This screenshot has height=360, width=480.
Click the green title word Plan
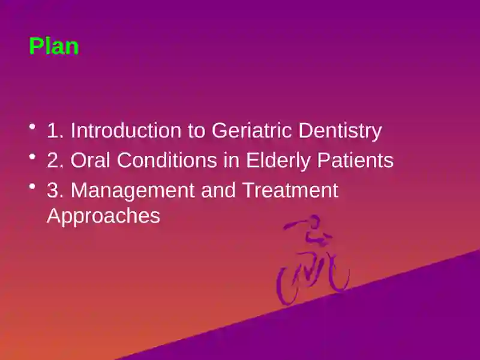(x=54, y=46)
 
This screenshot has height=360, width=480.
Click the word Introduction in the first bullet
(x=126, y=130)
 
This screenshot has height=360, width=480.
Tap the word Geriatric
(x=251, y=130)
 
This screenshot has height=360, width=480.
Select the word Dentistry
(x=340, y=131)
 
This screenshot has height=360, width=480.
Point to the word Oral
(x=91, y=160)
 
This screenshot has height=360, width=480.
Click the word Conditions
(x=167, y=160)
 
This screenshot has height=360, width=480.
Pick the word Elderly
(x=278, y=161)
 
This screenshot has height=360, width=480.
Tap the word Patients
(x=355, y=160)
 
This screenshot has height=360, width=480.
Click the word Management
(x=133, y=190)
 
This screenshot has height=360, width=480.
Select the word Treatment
(x=290, y=190)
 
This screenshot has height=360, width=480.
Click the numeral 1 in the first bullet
(x=53, y=130)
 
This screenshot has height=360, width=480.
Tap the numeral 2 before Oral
(x=52, y=160)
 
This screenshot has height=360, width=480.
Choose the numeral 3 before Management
(x=52, y=190)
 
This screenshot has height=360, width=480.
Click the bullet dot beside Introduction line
(x=32, y=127)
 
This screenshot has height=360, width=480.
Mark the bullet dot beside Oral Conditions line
(x=32, y=157)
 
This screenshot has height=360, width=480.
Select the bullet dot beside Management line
(x=32, y=186)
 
